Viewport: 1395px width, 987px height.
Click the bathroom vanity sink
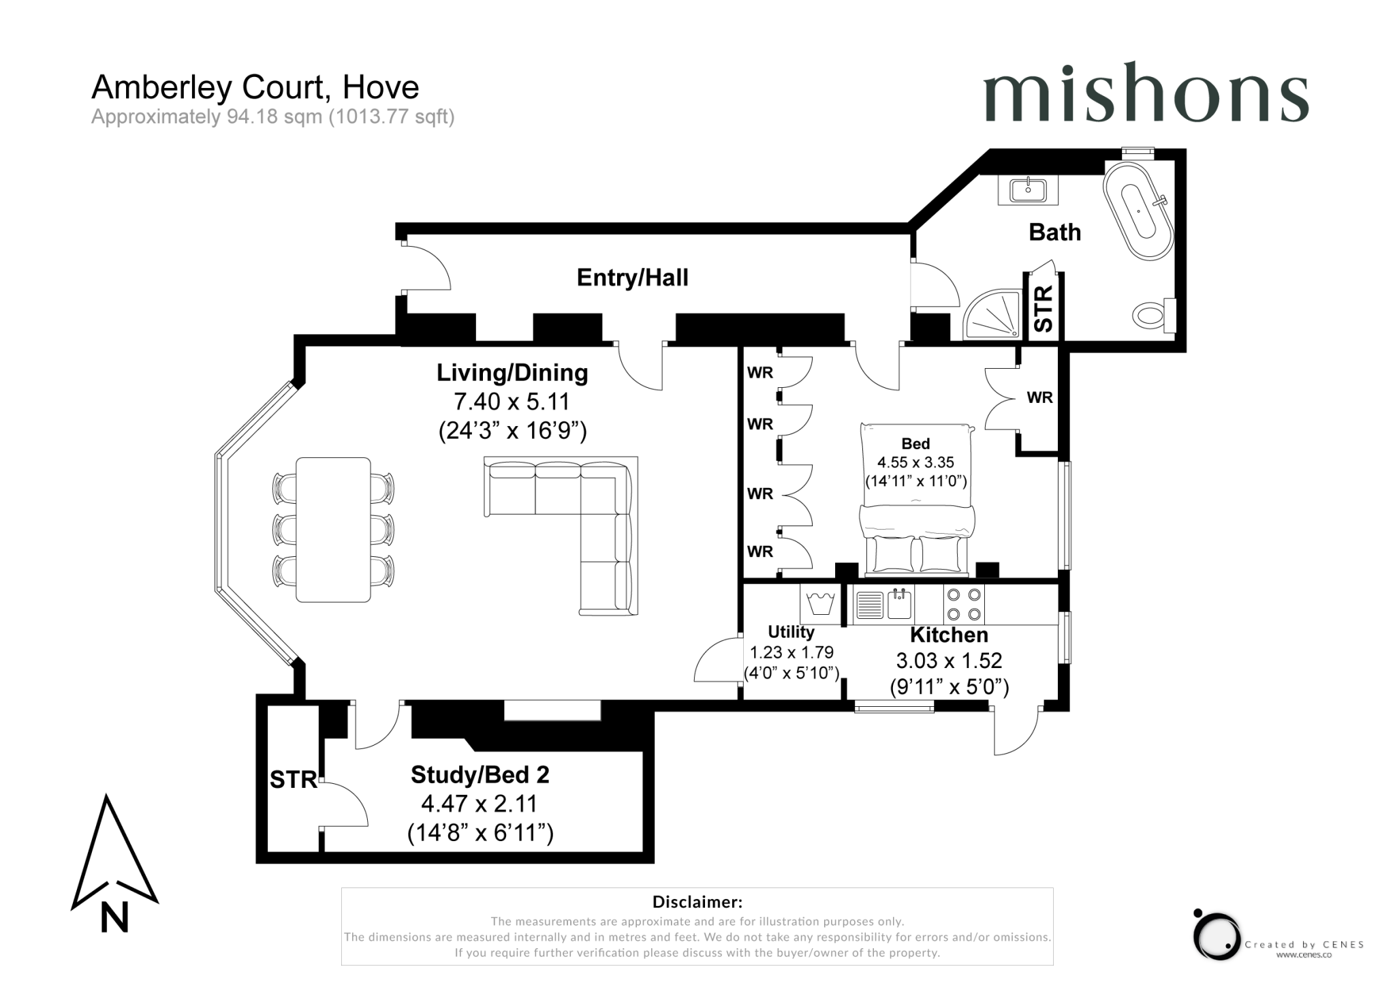[x=1029, y=189]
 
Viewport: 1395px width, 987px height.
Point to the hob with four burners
[x=964, y=604]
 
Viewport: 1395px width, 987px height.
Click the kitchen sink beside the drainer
[x=899, y=604]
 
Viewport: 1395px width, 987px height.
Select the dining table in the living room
[x=333, y=530]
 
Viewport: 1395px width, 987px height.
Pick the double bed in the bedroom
[x=916, y=498]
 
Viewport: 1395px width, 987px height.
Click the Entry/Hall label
[x=632, y=277]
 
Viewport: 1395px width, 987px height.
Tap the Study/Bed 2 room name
[x=480, y=774]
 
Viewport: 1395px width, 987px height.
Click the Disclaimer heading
[x=697, y=902]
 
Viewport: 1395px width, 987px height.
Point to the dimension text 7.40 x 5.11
[x=512, y=401]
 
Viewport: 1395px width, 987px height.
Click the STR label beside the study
[x=293, y=779]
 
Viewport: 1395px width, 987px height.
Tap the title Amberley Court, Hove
[x=255, y=87]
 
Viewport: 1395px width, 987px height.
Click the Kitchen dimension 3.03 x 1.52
[x=949, y=660]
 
